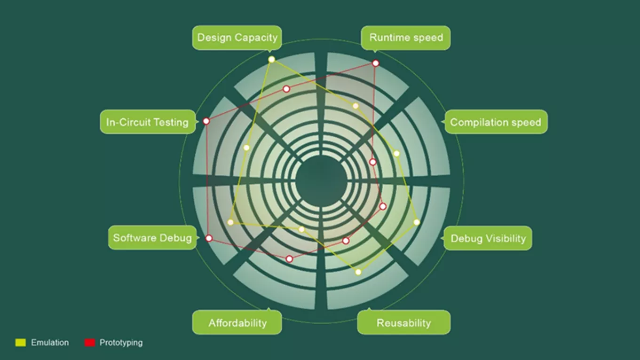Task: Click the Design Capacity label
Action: (237, 38)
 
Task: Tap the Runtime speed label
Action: (406, 38)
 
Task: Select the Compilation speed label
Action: (496, 122)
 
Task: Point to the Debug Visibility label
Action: (488, 238)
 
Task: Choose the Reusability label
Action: (404, 322)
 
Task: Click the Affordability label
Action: (237, 322)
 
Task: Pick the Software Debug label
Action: (152, 237)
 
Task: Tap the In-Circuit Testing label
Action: (148, 122)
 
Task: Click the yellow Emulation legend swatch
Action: (21, 343)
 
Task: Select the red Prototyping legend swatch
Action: (90, 343)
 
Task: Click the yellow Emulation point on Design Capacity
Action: (272, 59)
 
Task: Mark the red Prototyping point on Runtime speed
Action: (376, 63)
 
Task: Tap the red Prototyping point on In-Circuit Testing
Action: (206, 121)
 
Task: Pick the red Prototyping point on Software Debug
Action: (209, 238)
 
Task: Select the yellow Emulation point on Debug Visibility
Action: (417, 222)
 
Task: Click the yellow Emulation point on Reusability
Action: (358, 272)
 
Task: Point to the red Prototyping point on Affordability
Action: (289, 259)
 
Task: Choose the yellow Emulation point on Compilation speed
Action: (396, 154)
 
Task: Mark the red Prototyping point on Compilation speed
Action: (372, 162)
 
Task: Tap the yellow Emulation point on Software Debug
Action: (230, 222)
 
